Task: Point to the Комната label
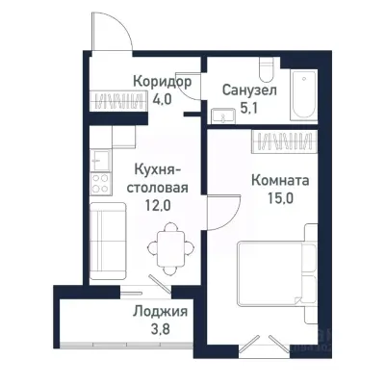281,179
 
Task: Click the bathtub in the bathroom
306,95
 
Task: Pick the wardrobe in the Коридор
115,99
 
